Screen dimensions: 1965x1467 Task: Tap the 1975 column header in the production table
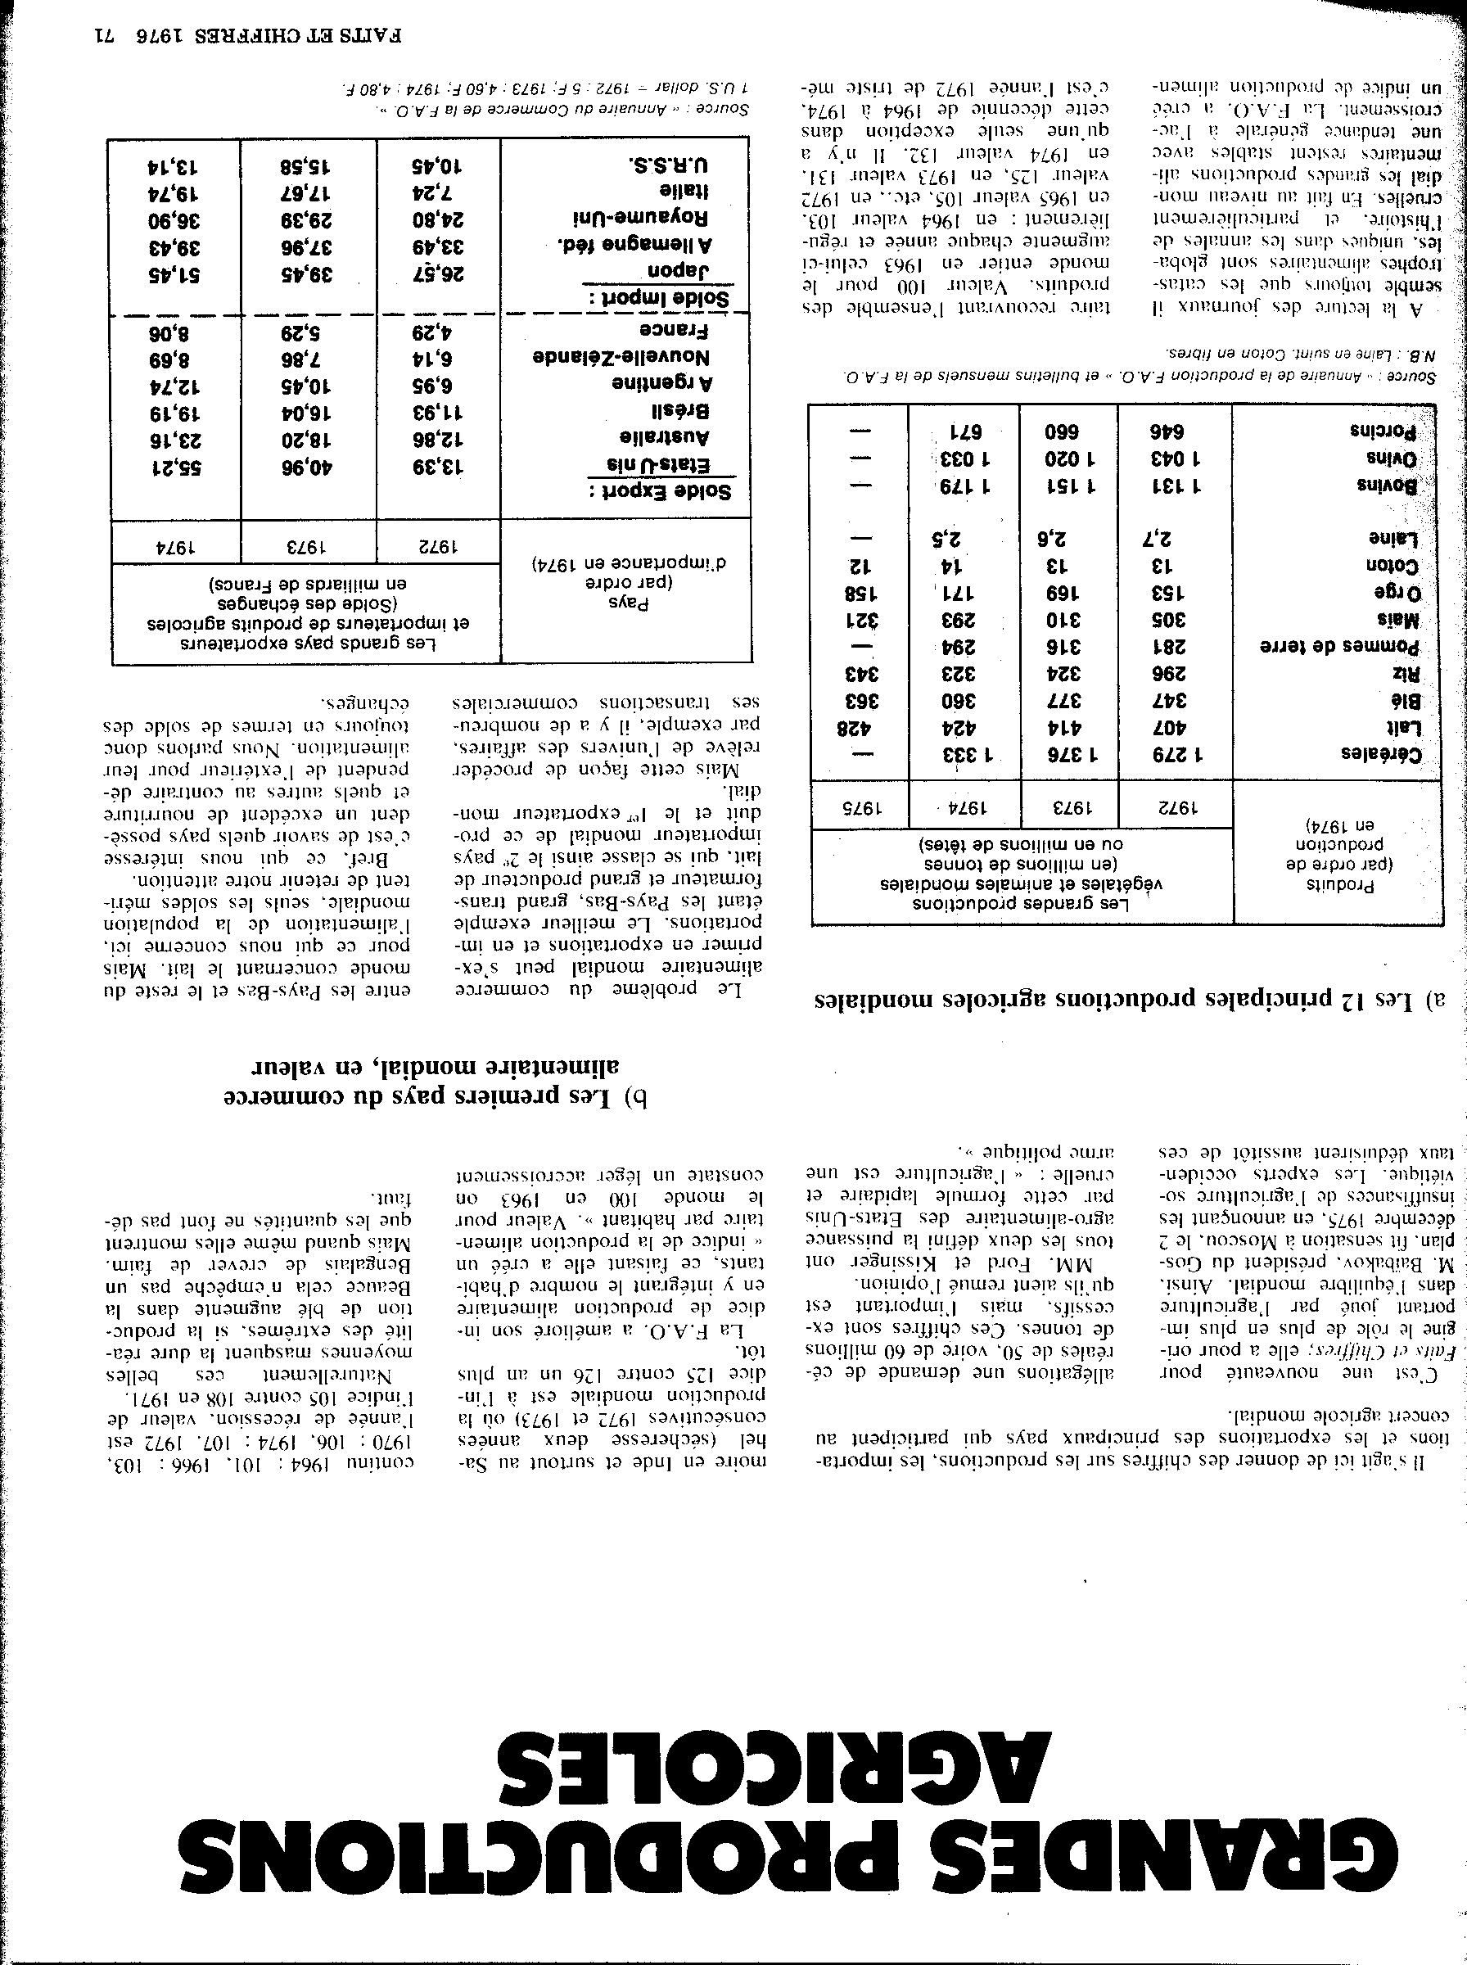859,808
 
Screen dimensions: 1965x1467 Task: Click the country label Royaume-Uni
640,217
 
